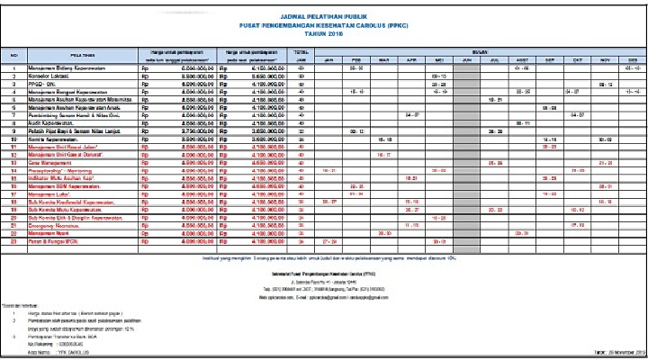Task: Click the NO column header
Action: coord(13,55)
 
